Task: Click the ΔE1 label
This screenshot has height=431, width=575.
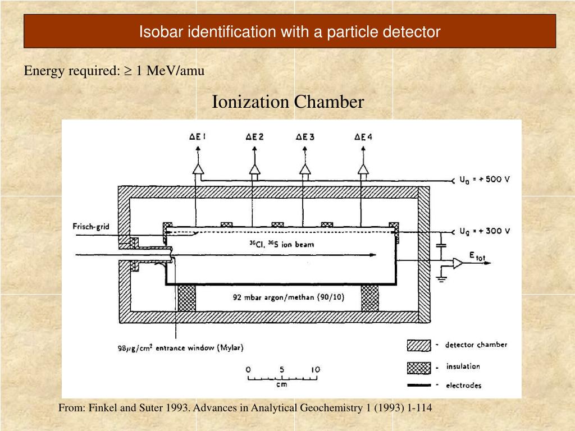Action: [197, 136]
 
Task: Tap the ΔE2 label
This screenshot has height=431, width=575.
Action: [254, 136]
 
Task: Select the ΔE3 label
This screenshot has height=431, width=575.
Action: [304, 136]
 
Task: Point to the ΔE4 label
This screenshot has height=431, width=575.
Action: [363, 136]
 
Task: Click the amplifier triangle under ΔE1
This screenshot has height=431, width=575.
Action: [197, 168]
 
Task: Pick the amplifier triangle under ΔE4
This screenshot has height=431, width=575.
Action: [363, 168]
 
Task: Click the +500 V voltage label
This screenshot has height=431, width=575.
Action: [485, 180]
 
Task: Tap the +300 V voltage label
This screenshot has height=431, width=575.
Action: [484, 231]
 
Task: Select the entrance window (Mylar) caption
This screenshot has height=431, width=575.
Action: [180, 347]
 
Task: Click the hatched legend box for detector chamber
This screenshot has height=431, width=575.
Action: [418, 345]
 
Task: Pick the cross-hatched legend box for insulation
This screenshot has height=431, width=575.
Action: [418, 367]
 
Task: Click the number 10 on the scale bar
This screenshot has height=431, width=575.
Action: [316, 370]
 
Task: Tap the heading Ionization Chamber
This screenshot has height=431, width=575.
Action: [287, 102]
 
